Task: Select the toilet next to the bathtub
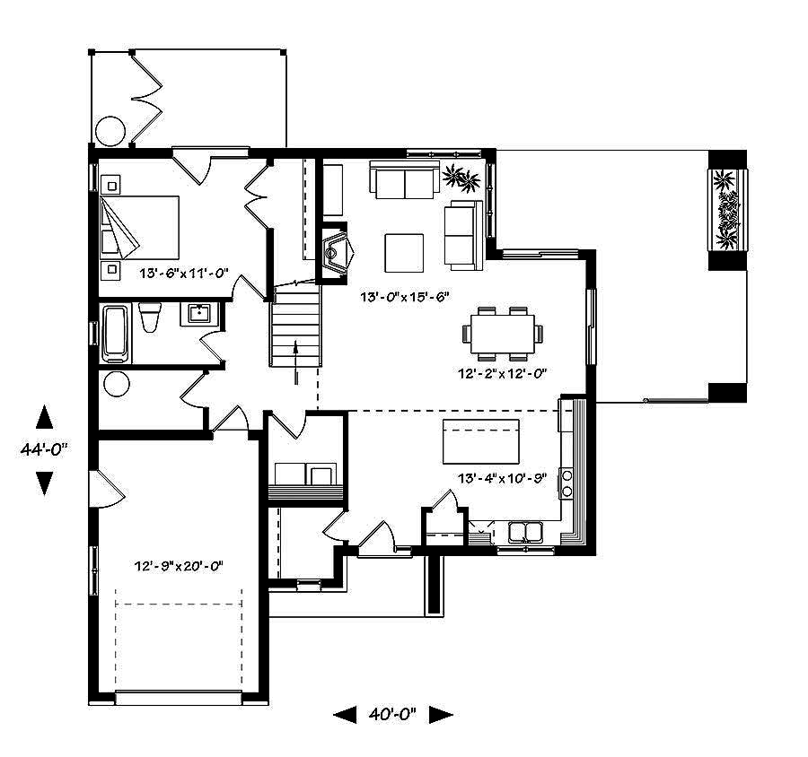coord(150,318)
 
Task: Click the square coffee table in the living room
coord(404,252)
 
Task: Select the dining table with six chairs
coord(503,333)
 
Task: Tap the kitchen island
coord(481,439)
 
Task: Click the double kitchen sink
coord(525,533)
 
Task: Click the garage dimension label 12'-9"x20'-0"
coord(178,566)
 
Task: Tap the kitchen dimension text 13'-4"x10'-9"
coord(502,478)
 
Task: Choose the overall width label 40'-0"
coord(392,715)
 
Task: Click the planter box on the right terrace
coord(726,211)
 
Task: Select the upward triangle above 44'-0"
coord(44,417)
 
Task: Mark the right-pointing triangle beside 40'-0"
coord(440,715)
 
